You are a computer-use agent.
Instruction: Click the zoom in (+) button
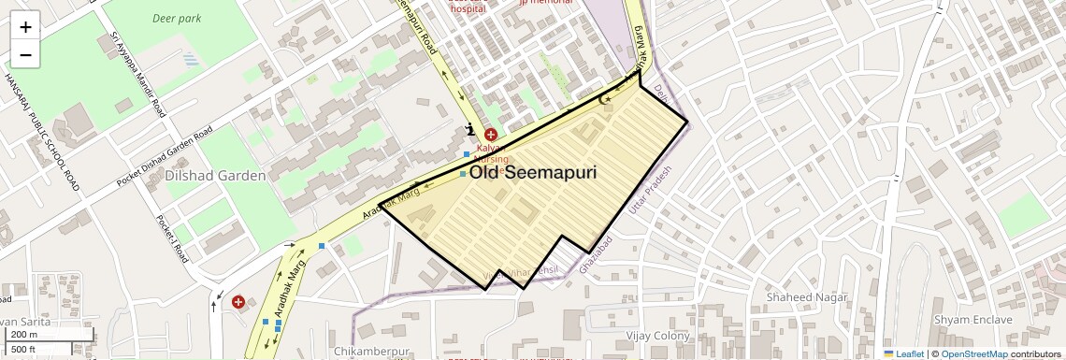coord(25,27)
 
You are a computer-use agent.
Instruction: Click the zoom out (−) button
coord(25,55)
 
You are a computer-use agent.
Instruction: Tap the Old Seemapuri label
coord(532,173)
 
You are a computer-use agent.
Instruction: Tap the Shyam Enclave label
coord(972,319)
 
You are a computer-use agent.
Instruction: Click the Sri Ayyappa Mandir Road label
coord(138,74)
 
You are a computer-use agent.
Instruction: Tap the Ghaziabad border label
coord(597,254)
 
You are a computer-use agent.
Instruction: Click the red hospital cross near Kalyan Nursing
coord(490,135)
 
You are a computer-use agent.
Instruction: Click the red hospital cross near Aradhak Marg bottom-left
coord(238,302)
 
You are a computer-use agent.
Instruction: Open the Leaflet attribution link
coord(903,353)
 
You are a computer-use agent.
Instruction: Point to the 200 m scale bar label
coord(25,335)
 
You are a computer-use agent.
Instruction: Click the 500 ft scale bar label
coord(24,350)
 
